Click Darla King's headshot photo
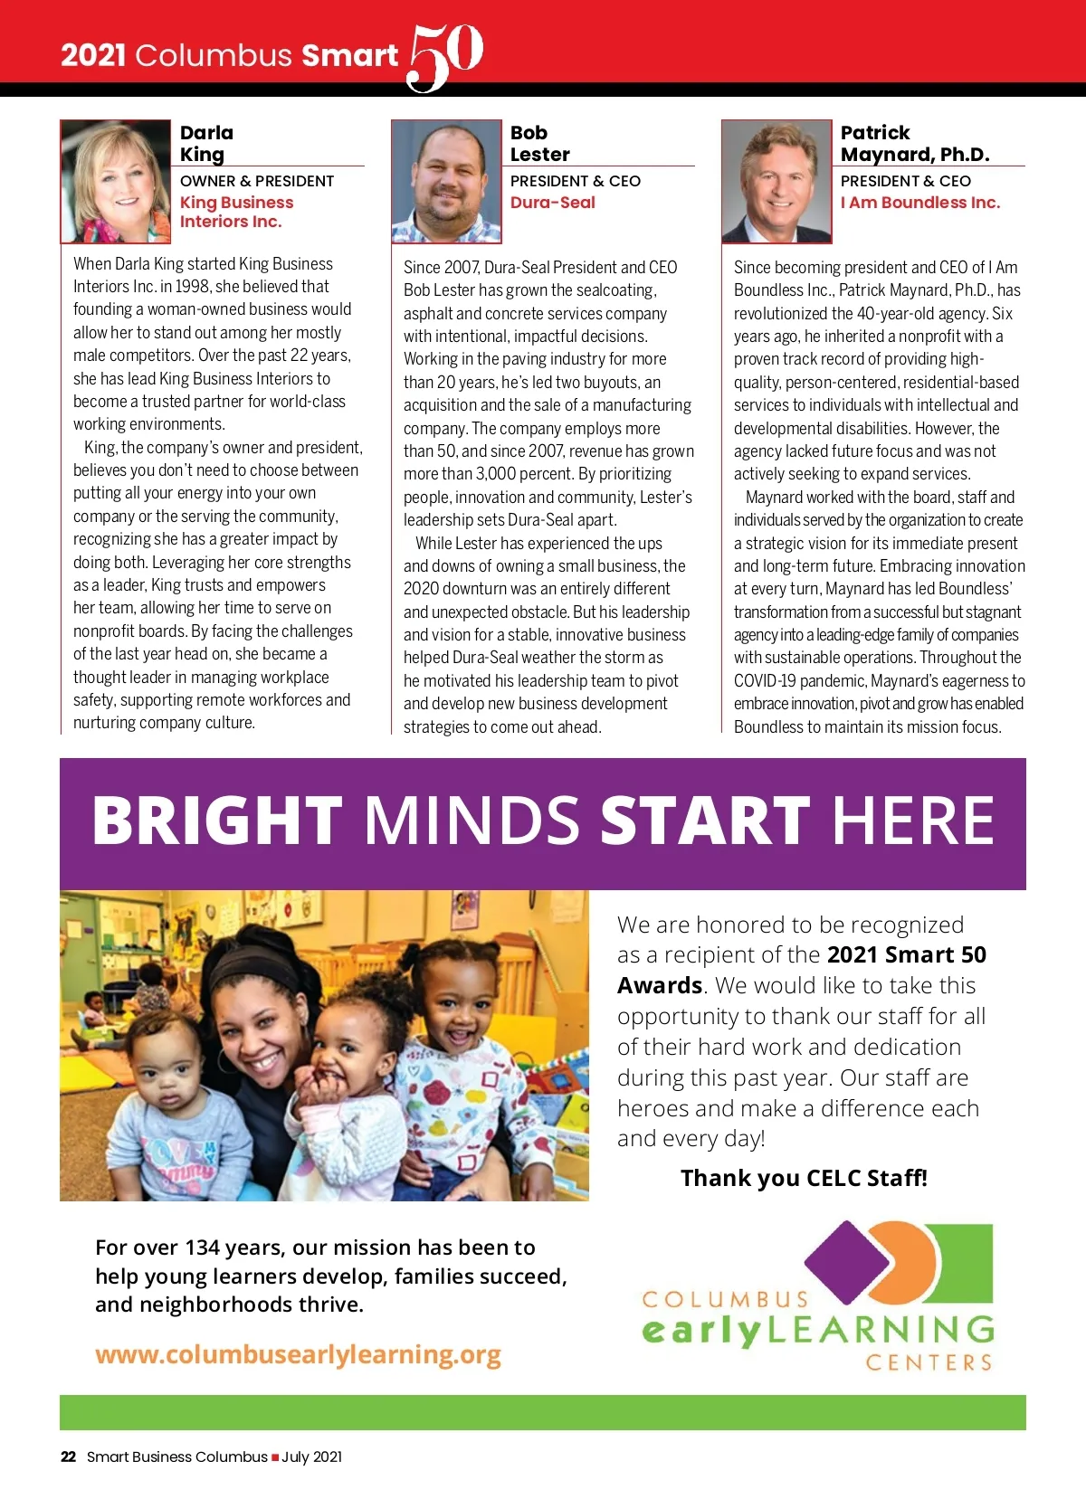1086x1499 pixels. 116,182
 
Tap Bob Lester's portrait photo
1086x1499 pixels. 446,182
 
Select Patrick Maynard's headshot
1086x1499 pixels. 776,182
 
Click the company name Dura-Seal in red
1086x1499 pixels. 552,203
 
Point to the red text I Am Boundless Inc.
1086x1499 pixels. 919,203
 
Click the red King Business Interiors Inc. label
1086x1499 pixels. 236,212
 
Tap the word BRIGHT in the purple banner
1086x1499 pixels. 217,821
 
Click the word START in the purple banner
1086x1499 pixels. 704,821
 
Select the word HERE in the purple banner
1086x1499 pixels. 912,821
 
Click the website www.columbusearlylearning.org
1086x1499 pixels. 298,1354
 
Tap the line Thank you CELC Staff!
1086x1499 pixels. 804,1178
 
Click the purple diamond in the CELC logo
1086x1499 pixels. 848,1261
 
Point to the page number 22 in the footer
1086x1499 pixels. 68,1456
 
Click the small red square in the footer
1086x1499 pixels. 275,1457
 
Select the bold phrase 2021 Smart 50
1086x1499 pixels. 906,954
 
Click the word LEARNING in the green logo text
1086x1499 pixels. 881,1330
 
